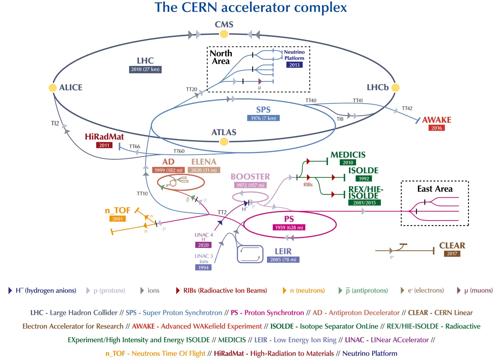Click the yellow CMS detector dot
tap(224, 34)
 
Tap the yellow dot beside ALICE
tap(52, 88)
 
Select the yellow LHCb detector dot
tap(395, 88)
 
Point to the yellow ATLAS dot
tap(224, 141)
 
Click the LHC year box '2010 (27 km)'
tap(145, 69)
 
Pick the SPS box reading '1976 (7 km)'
tap(263, 118)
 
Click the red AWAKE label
tap(437, 120)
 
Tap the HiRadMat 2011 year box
tap(104, 145)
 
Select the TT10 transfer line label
tap(142, 194)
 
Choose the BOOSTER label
tap(250, 177)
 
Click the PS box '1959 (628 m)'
tap(289, 227)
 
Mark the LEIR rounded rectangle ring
tap(250, 254)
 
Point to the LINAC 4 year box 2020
tap(203, 245)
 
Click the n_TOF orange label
tap(118, 210)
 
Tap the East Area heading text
tap(435, 189)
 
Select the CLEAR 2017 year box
tap(452, 254)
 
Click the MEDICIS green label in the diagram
tap(348, 155)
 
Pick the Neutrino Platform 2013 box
tap(294, 65)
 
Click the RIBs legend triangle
tap(178, 290)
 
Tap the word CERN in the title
tap(199, 7)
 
